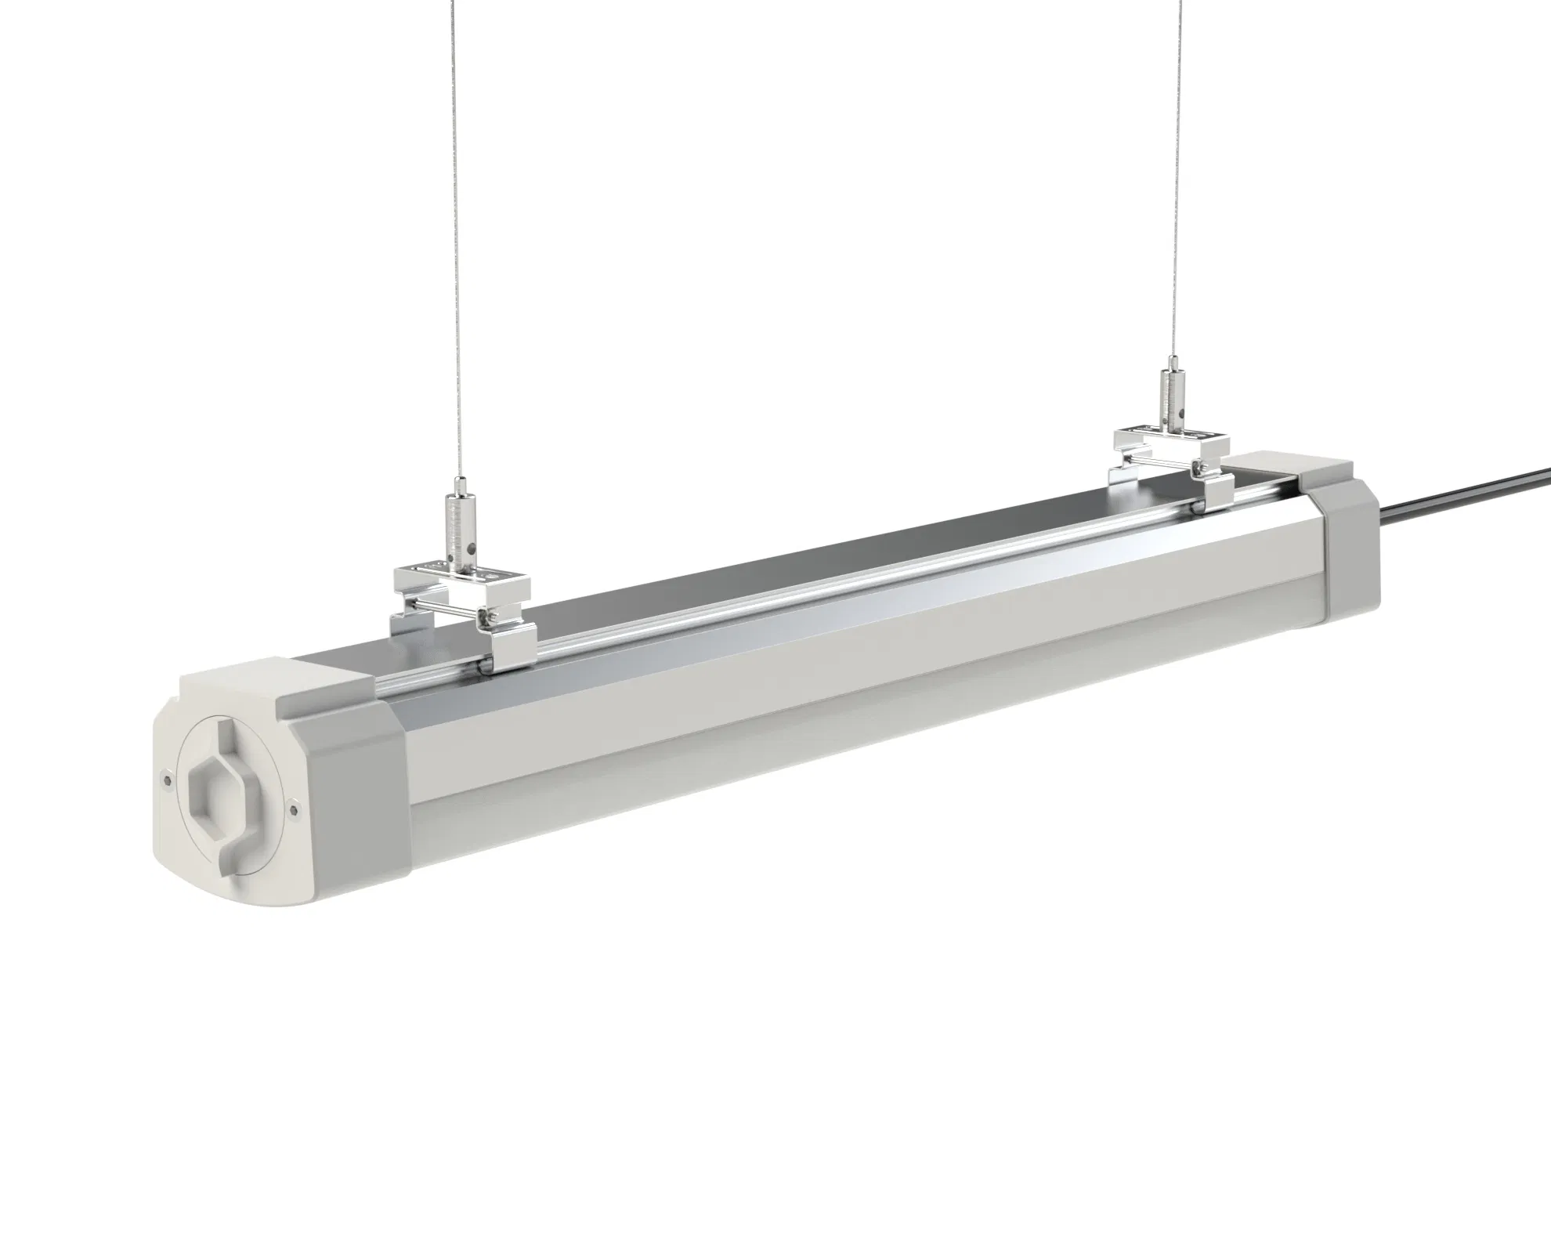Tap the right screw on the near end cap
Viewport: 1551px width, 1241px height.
(293, 808)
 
